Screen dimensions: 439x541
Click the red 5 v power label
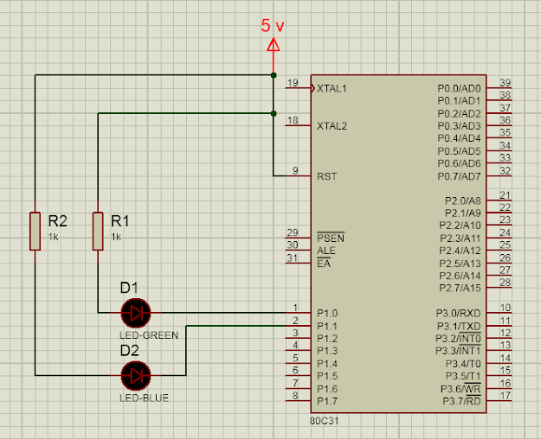(x=273, y=26)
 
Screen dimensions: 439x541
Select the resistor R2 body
(x=35, y=231)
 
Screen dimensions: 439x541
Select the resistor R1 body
(x=98, y=231)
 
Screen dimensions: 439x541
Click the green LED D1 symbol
(x=136, y=312)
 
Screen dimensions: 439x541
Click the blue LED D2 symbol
(x=136, y=375)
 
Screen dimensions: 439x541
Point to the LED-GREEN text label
(x=149, y=334)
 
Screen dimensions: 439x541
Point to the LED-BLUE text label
(x=145, y=398)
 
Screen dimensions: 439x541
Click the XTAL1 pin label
(x=332, y=88)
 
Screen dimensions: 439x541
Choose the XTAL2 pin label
(x=332, y=126)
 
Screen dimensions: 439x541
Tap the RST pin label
(x=327, y=176)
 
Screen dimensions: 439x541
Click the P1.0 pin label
(x=326, y=313)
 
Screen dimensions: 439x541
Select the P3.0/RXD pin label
(x=459, y=313)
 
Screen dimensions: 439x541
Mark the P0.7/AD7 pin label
(x=459, y=176)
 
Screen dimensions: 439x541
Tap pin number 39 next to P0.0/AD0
(x=505, y=81)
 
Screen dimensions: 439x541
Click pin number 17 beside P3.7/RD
(x=505, y=395)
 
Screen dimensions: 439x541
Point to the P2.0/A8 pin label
(x=462, y=200)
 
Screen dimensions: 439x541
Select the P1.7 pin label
(x=326, y=401)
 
